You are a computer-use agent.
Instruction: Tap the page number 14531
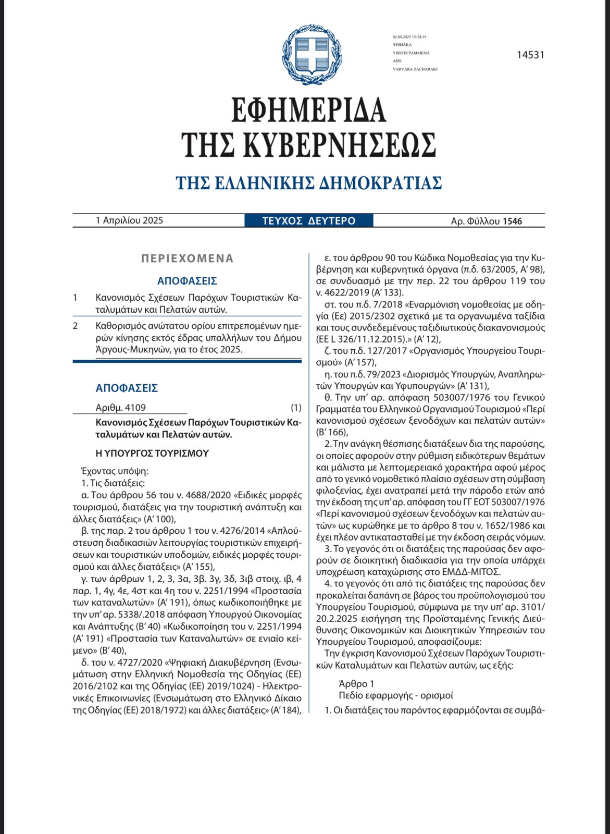point(530,55)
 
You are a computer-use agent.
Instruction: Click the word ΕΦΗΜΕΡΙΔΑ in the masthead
point(308,111)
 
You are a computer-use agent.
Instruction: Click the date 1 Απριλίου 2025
point(130,220)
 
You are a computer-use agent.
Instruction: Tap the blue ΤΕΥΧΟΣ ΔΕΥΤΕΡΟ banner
point(309,220)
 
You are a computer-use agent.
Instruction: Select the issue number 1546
point(512,221)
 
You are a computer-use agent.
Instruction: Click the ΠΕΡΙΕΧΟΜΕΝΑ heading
point(187,259)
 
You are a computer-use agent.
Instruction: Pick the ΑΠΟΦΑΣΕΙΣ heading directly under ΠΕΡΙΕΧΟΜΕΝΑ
point(187,281)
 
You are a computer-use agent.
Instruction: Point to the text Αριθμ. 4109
point(121,408)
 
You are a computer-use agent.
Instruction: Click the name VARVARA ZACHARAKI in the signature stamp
point(415,69)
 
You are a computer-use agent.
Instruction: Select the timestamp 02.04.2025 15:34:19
point(409,37)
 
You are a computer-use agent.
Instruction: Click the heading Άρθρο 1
point(356,683)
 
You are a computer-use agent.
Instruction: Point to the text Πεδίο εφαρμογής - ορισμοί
point(396,695)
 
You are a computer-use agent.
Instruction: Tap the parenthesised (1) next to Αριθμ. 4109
point(296,408)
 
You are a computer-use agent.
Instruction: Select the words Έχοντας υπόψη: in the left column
point(115,471)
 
